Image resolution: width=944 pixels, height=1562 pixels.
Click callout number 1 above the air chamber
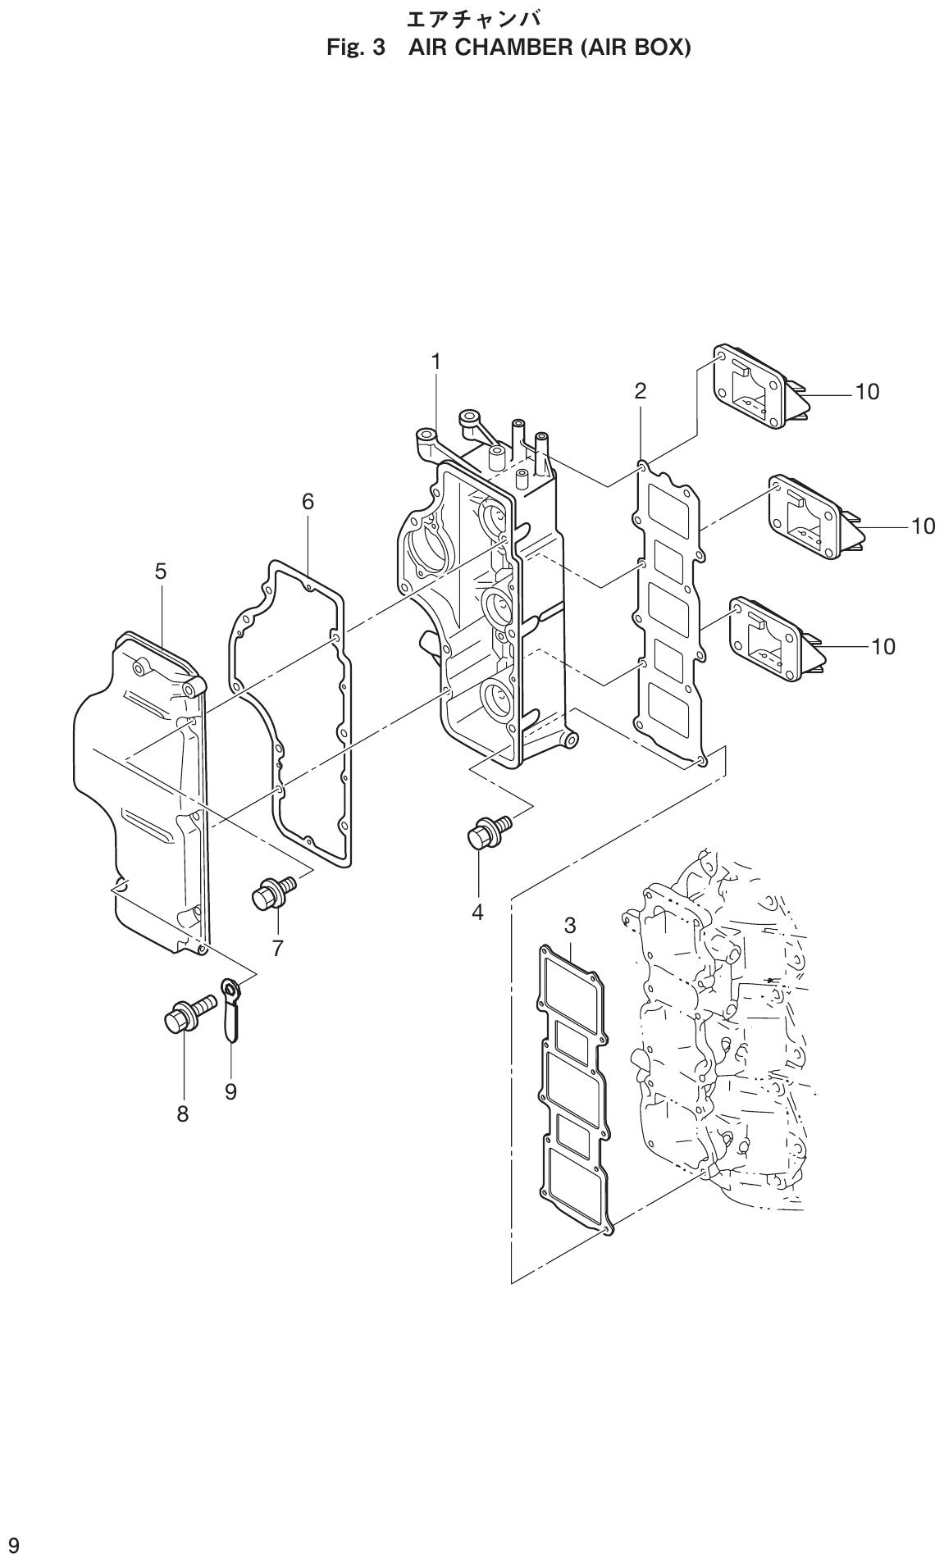pos(436,361)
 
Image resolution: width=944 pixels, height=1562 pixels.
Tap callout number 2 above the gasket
pos(640,391)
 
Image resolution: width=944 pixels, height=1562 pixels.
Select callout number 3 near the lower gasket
pos(570,926)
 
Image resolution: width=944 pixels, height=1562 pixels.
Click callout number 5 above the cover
pos(161,572)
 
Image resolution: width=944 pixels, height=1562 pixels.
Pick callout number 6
pos(308,501)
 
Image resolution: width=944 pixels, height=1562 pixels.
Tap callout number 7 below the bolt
pos(277,949)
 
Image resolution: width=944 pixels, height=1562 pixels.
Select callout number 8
pos(182,1113)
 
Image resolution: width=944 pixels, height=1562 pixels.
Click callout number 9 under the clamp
pos(230,1091)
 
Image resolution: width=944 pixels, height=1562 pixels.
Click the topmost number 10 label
pos(867,392)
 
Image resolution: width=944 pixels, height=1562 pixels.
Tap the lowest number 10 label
pos(882,647)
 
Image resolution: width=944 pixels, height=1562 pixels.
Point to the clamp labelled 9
pos(231,1009)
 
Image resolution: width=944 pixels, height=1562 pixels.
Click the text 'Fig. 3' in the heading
pos(356,48)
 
